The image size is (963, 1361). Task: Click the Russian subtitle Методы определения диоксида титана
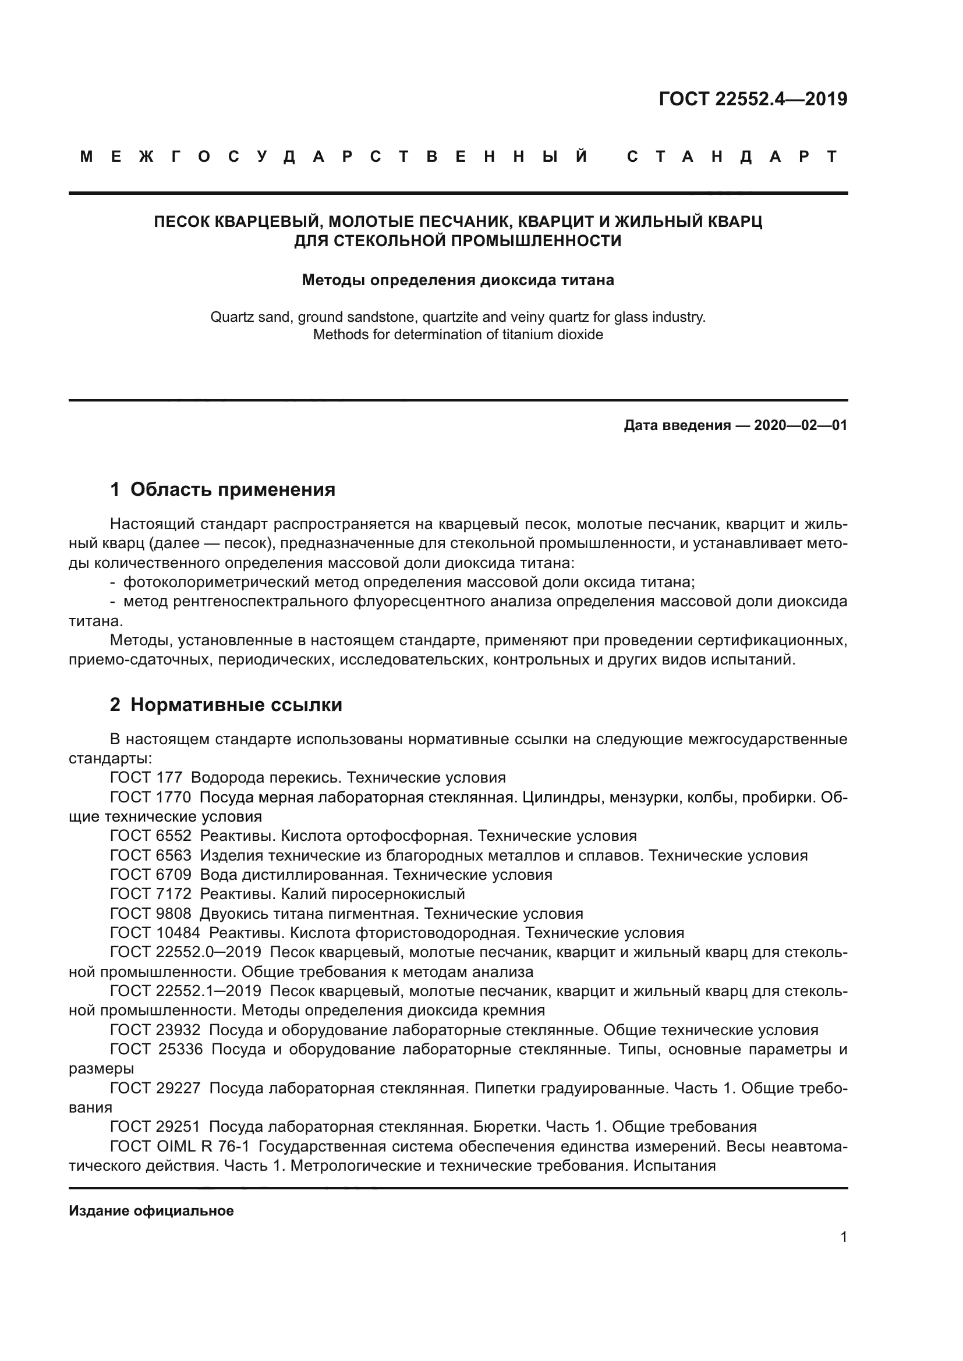coord(458,280)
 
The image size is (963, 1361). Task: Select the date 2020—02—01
coord(801,425)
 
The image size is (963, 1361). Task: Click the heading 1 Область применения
coord(222,489)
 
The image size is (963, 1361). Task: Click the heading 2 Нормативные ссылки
coord(226,705)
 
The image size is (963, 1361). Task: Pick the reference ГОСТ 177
coord(146,778)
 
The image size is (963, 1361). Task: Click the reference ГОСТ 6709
coord(151,875)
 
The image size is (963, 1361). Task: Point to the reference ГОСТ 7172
coord(151,894)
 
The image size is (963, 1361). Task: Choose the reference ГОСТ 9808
coord(151,914)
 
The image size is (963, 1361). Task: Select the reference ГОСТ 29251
coord(155,1127)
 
